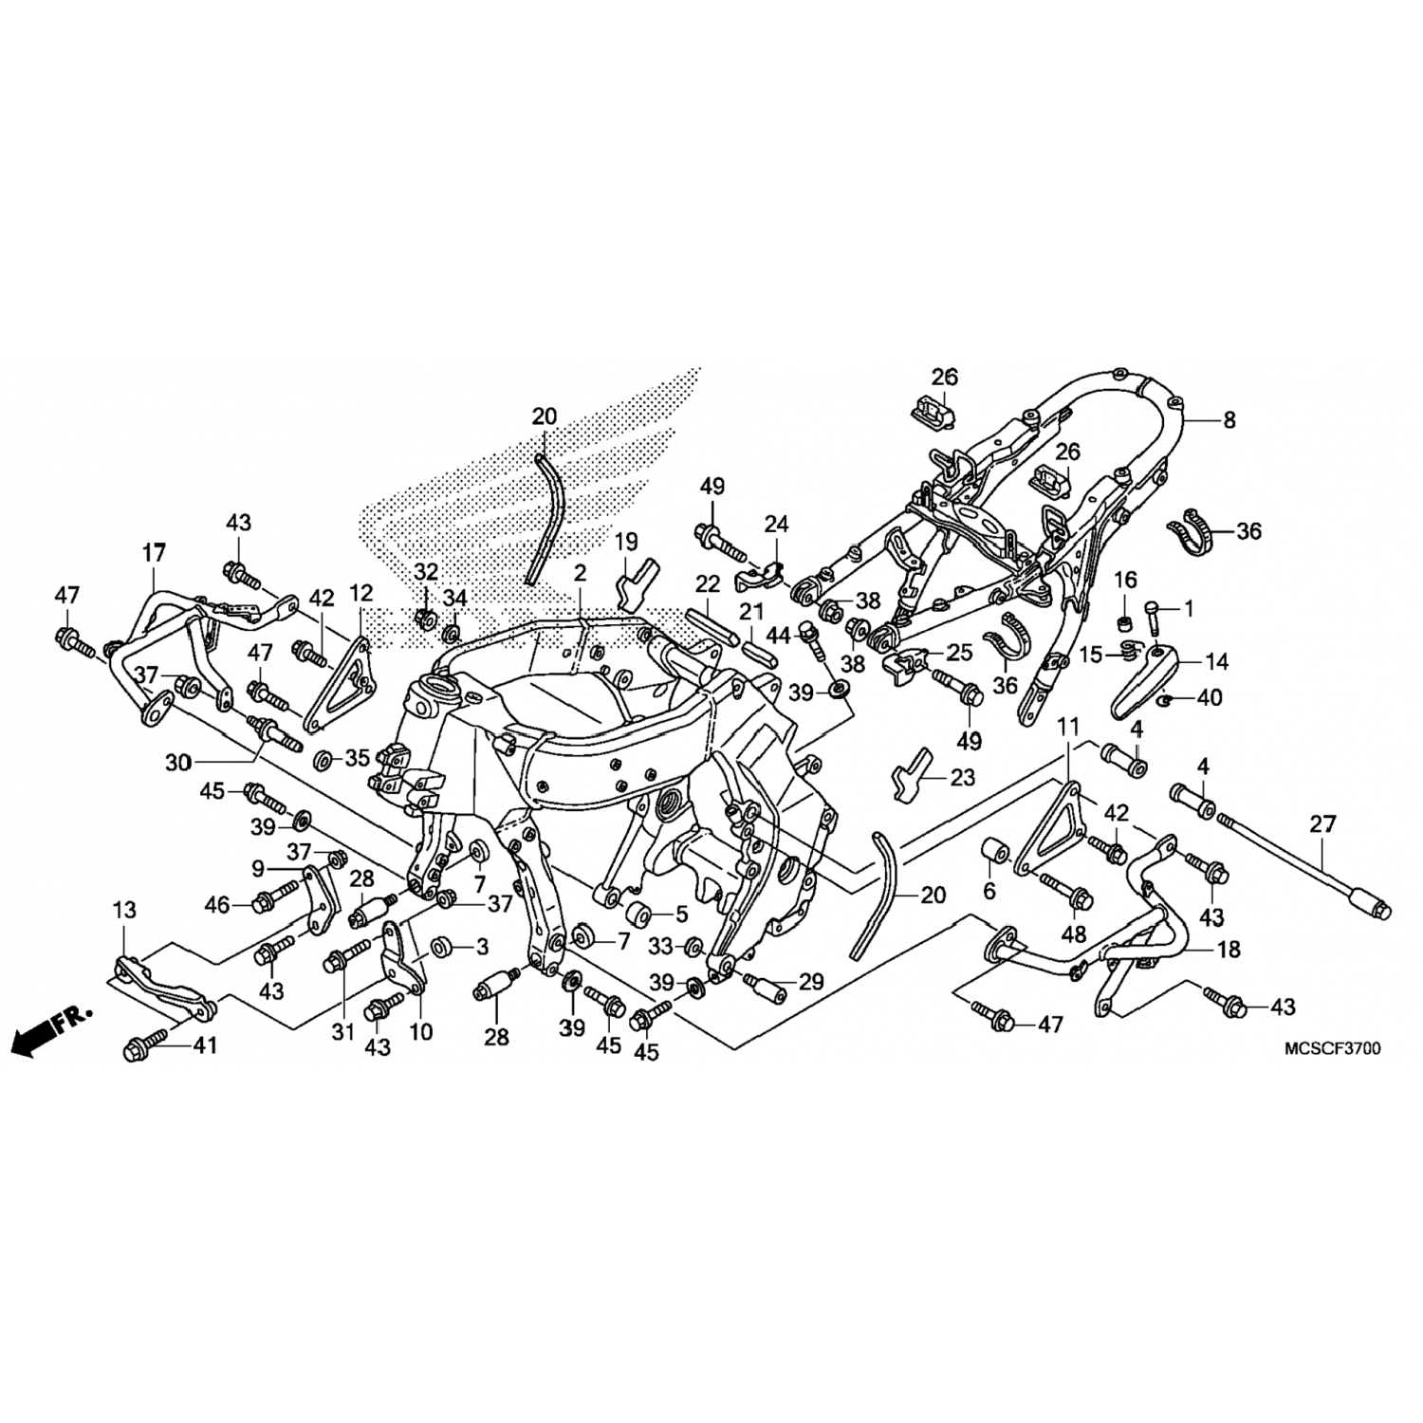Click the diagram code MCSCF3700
tap(1333, 1049)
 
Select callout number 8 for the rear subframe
tap(1229, 420)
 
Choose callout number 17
tap(154, 552)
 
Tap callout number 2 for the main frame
tap(580, 573)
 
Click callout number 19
tap(626, 543)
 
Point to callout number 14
tap(1216, 661)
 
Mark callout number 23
tap(962, 778)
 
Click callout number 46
tap(217, 905)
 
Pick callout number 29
tap(811, 982)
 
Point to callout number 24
tap(777, 524)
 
